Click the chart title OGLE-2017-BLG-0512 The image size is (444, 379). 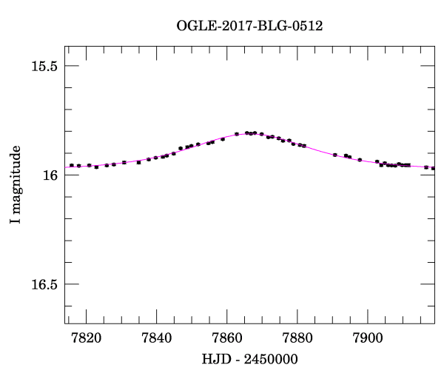pos(249,26)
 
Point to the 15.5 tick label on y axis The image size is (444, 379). pos(44,66)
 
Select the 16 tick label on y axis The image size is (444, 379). pos(50,175)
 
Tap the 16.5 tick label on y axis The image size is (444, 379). pos(44,284)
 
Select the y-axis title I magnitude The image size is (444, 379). pos(16,186)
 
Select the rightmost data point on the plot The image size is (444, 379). pos(434,168)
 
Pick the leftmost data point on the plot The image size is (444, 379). pos(72,165)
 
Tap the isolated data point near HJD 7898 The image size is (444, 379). pos(360,160)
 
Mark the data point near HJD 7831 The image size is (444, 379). pos(124,162)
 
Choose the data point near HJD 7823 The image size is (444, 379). pos(96,167)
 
